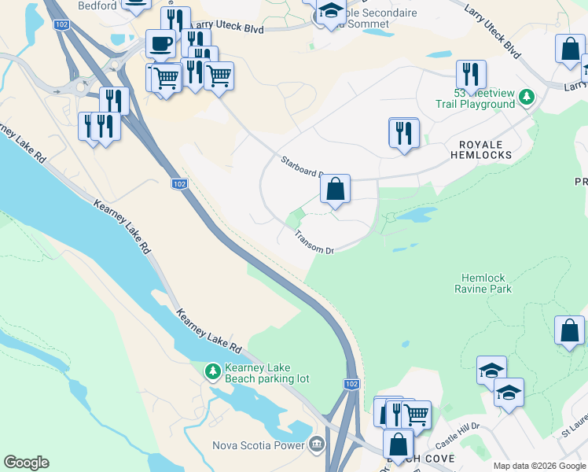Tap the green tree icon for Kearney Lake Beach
pyautogui.click(x=212, y=371)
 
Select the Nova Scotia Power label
pyautogui.click(x=259, y=445)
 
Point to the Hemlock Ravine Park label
pyautogui.click(x=483, y=283)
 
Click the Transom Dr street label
pyautogui.click(x=314, y=242)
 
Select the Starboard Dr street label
pyautogui.click(x=302, y=167)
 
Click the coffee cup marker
pyautogui.click(x=160, y=43)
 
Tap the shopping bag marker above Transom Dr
pyautogui.click(x=335, y=189)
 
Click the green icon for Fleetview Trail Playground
pyautogui.click(x=527, y=98)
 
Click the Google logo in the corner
pyautogui.click(x=26, y=463)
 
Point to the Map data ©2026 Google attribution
pyautogui.click(x=539, y=466)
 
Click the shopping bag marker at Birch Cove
pyautogui.click(x=399, y=444)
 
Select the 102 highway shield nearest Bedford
pyautogui.click(x=61, y=25)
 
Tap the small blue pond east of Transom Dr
pyautogui.click(x=415, y=214)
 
